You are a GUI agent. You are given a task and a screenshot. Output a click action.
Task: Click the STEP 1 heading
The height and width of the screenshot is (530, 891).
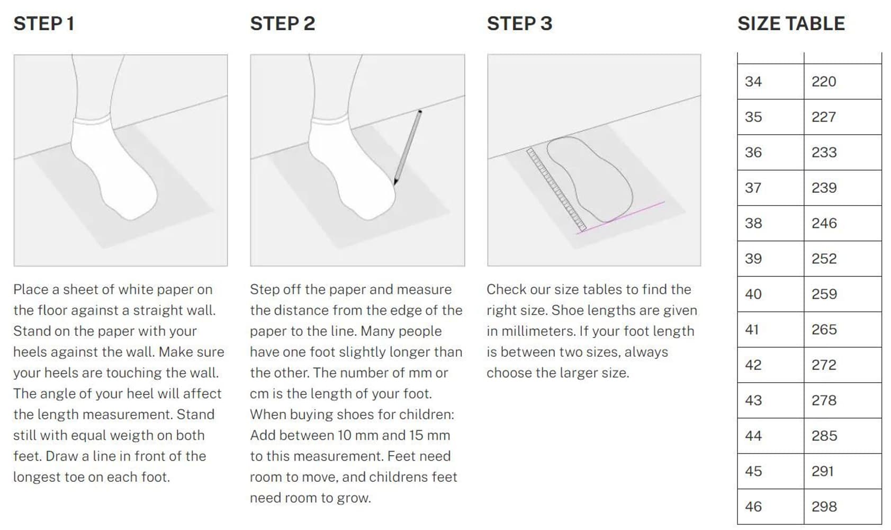[x=44, y=23]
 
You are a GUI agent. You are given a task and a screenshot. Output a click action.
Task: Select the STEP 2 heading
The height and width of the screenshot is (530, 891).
[x=282, y=23]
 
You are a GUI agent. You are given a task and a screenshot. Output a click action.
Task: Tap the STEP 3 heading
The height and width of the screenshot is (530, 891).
[x=519, y=23]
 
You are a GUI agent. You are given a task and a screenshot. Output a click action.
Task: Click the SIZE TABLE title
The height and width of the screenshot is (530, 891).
[x=791, y=23]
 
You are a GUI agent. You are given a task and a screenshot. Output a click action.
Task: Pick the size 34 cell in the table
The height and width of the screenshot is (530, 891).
[x=770, y=82]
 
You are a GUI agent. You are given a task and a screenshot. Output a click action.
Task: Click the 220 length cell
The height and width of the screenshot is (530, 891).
[x=843, y=82]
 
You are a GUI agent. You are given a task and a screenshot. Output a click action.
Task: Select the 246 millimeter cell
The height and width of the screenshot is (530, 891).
[x=843, y=223]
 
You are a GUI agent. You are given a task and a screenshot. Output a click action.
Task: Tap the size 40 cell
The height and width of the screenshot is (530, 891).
[x=770, y=294]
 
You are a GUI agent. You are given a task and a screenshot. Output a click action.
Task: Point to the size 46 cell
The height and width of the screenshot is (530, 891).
[x=770, y=507]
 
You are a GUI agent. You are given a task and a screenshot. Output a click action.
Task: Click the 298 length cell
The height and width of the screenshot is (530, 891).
[x=843, y=507]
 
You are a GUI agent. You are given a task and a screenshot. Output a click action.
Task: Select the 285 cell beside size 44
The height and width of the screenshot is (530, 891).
[x=843, y=436]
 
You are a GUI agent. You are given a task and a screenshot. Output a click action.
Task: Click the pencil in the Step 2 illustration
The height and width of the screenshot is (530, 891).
[x=408, y=147]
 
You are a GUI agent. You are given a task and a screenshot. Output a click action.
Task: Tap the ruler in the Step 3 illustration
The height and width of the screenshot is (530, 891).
[x=556, y=190]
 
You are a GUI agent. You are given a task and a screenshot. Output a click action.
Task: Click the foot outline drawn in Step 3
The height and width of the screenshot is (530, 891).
[x=589, y=179]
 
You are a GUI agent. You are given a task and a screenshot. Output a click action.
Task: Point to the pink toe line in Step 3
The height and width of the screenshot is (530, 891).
[x=620, y=218]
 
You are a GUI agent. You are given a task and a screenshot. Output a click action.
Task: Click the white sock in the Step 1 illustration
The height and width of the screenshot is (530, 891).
[x=114, y=167]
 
